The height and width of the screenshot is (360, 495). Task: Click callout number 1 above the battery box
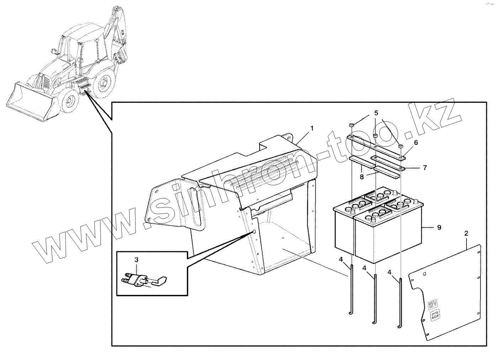tap(312, 128)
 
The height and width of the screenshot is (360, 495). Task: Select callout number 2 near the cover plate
tap(466, 234)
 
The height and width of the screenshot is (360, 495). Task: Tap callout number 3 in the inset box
tap(137, 260)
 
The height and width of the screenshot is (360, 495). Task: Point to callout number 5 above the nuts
tap(376, 113)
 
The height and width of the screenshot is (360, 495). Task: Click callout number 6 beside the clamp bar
tap(416, 142)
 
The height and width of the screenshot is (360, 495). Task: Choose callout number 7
tap(425, 168)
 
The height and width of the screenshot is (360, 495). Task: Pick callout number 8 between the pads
tap(362, 176)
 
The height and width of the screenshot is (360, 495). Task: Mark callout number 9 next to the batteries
tap(439, 227)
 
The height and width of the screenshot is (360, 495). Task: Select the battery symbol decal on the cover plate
tap(435, 315)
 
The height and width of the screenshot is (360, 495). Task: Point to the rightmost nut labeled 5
tap(401, 146)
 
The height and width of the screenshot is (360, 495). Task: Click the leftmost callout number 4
tap(341, 260)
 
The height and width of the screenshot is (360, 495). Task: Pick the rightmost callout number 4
tap(390, 272)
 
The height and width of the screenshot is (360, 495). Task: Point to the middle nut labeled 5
tap(376, 136)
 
